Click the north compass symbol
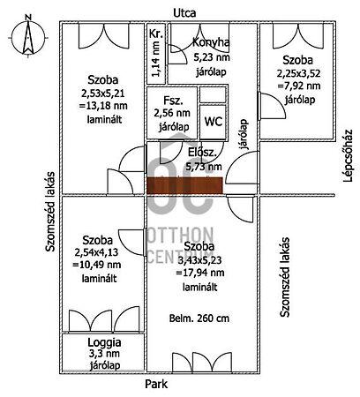point(28,35)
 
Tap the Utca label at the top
point(184,13)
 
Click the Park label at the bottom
point(156,384)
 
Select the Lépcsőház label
point(348,156)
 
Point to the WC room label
point(214,122)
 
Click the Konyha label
point(211,42)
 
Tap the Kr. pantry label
point(156,34)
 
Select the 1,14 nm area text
point(156,58)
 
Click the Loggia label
point(104,342)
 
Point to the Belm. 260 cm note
point(199,318)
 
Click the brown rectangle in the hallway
point(184,185)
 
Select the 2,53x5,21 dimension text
point(103,94)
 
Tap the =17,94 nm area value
point(200,273)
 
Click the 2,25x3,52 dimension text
point(298,73)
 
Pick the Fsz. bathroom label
point(173,101)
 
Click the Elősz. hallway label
point(202,153)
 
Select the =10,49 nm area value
point(97,265)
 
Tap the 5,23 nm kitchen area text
point(212,56)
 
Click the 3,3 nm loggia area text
point(104,354)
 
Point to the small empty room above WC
point(213,94)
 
